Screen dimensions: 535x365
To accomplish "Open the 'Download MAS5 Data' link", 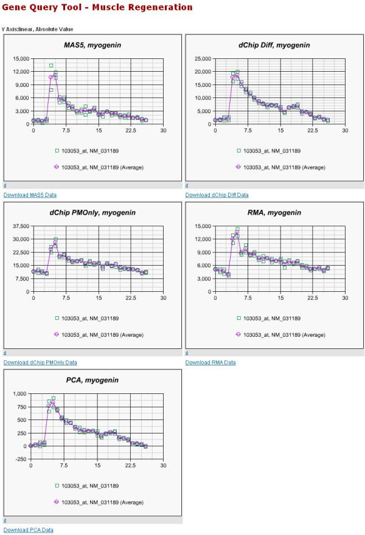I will (30, 195).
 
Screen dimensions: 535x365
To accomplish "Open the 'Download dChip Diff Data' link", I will (217, 195).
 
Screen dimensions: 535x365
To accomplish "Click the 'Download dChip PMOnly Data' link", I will (40, 362).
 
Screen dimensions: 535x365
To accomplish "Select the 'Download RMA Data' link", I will (210, 362).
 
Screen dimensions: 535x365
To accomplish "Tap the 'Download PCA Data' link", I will (28, 530).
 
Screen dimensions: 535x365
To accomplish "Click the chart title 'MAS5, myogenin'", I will (92, 45).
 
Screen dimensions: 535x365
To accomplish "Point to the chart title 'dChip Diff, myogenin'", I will (274, 45).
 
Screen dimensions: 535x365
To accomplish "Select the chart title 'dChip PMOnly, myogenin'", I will (92, 212).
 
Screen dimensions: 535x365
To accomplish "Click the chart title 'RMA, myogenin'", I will (274, 212).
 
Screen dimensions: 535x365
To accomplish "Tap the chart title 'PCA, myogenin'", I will (92, 380).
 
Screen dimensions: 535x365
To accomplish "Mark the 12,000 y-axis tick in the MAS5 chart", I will (18, 72).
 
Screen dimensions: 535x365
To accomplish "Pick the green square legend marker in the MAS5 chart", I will (56, 150).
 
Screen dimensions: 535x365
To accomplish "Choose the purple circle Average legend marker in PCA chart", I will (56, 502).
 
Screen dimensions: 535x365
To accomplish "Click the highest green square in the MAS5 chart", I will (51, 66).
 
